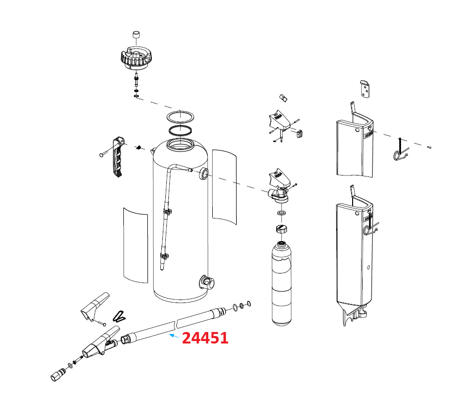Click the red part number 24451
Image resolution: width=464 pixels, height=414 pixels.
coord(205,338)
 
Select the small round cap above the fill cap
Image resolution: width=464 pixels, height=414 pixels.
coord(135,35)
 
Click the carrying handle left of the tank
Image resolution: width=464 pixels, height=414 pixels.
coord(118,157)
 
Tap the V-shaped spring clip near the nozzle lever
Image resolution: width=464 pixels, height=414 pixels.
coord(119,316)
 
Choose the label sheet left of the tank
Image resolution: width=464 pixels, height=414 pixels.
coord(135,245)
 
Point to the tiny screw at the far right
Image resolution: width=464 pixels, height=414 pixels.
coord(429,147)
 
